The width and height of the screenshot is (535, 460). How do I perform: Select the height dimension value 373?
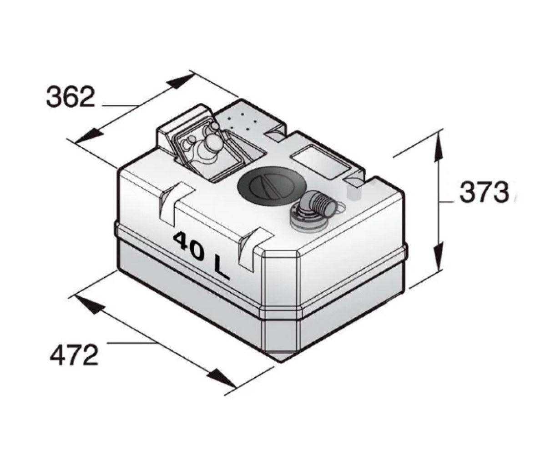(484, 192)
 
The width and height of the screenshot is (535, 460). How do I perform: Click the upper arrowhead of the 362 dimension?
(179, 82)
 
